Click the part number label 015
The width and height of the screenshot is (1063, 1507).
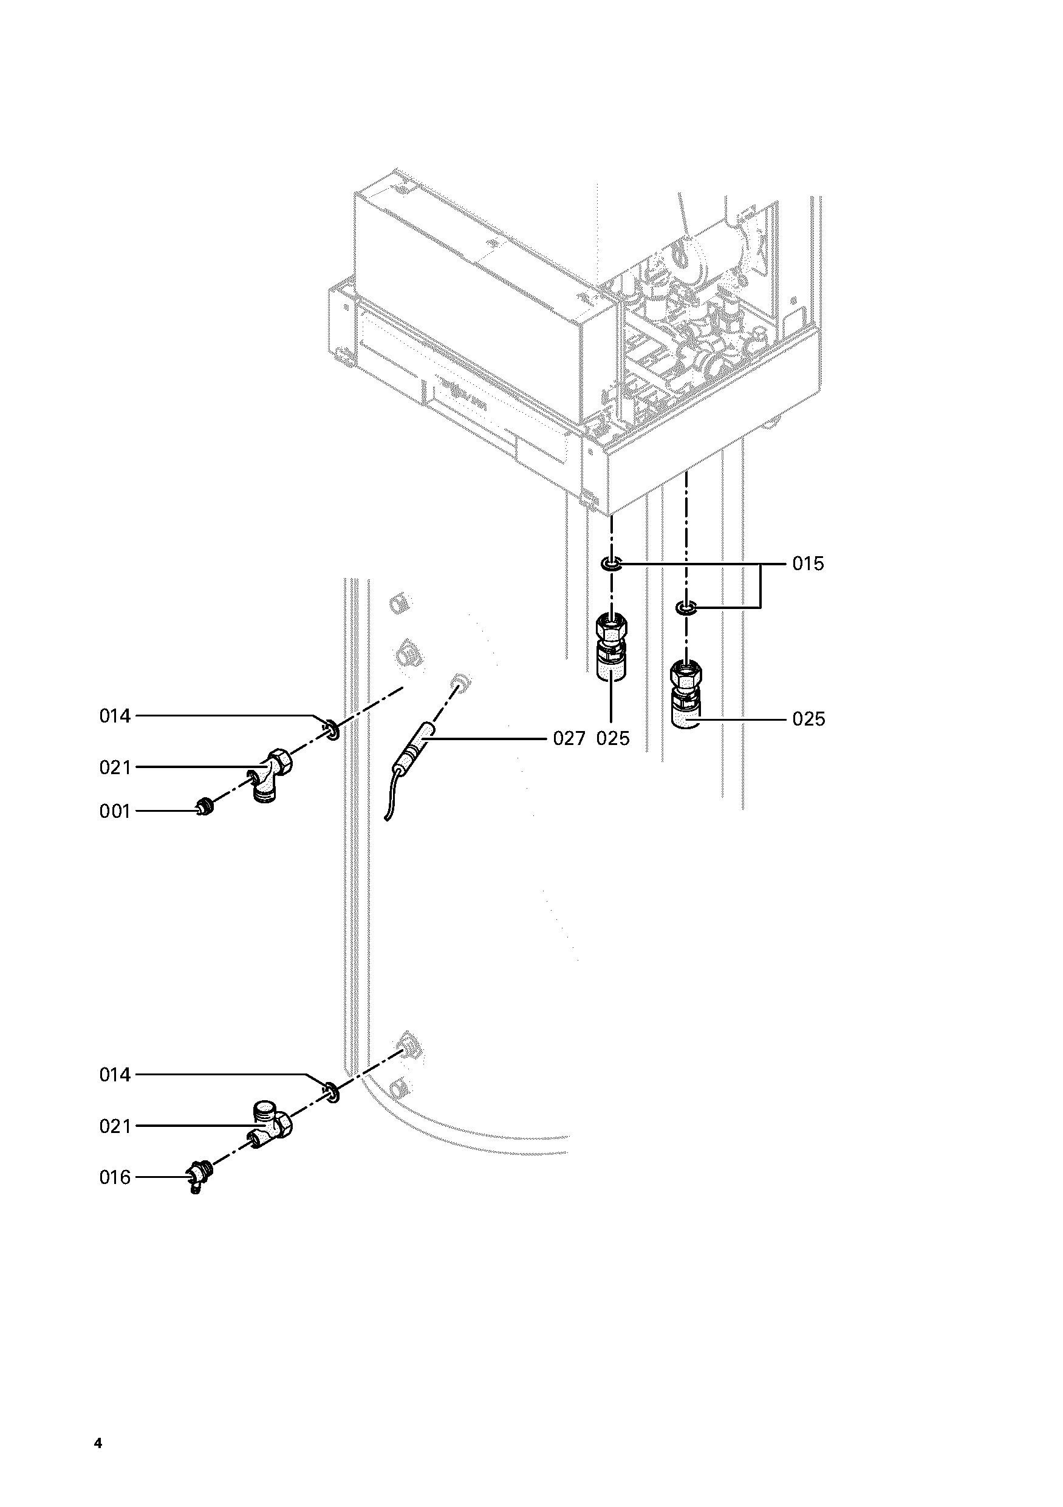(808, 564)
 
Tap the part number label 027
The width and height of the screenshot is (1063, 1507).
(569, 738)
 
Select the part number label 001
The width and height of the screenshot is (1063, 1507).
(115, 811)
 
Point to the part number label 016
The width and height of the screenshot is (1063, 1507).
(115, 1177)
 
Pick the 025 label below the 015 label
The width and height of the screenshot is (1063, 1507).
(808, 719)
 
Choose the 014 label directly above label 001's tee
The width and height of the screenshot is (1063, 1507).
(115, 715)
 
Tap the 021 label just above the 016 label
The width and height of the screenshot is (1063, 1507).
(115, 1126)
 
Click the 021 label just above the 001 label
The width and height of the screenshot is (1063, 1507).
(115, 767)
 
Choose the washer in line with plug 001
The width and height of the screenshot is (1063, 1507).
(332, 729)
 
